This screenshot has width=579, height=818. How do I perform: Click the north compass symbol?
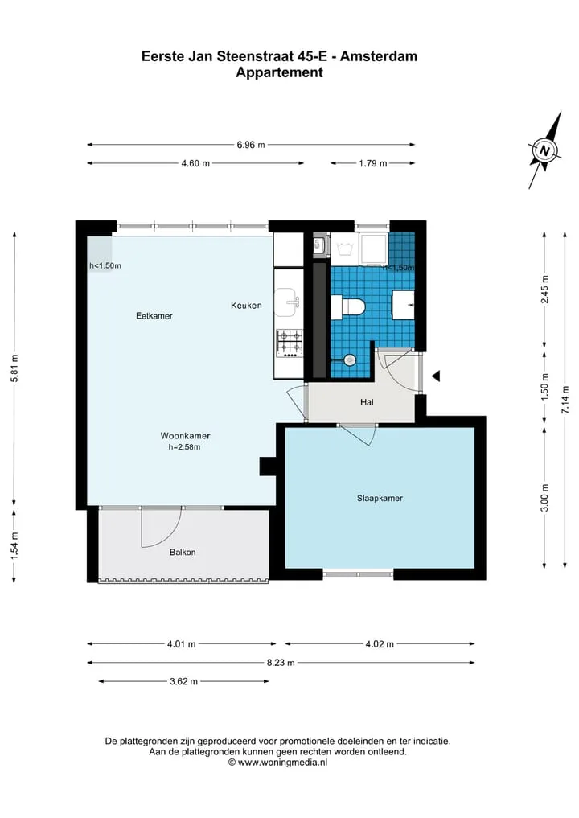pos(544,150)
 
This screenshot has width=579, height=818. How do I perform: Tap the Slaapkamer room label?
pos(380,498)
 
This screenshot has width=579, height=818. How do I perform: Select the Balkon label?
pos(183,552)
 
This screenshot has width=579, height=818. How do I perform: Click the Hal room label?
pos(367,402)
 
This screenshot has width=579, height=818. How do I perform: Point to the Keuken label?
pos(246,305)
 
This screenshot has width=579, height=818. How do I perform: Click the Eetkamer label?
pos(154,315)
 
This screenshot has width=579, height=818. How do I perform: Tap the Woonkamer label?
pos(185,436)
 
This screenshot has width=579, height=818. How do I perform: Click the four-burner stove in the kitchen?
pos(289,343)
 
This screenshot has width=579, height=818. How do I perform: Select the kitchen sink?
pos(287,302)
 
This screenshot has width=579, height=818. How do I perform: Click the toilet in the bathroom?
pos(347,306)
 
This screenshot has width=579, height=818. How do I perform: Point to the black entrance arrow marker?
pos(436,376)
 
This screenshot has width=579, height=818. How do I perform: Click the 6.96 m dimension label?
pos(251,145)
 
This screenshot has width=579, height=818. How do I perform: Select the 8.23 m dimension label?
pos(281,663)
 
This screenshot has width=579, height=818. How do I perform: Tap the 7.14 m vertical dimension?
pos(565,400)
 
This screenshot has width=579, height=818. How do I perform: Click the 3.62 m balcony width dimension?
pos(183,681)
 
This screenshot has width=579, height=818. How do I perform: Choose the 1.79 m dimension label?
pos(373,163)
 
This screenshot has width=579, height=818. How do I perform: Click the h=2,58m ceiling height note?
pos(184,447)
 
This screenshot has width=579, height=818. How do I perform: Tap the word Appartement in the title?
pos(280,72)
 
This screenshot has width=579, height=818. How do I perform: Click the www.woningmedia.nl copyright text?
pos(278,763)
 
